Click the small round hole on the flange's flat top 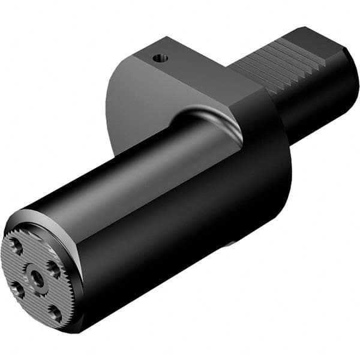tap(159, 58)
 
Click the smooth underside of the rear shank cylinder tap(312, 120)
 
